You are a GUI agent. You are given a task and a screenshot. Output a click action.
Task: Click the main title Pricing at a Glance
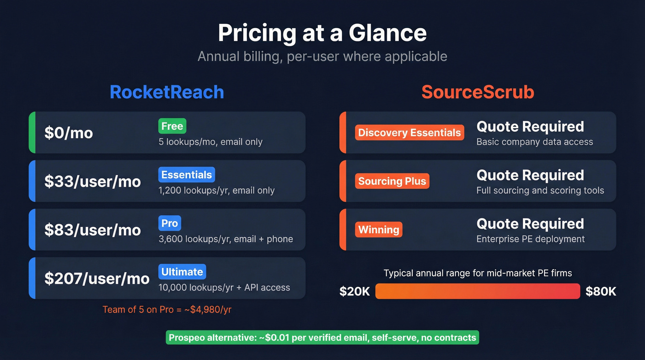(322, 33)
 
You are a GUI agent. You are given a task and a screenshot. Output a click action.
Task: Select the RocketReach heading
(167, 92)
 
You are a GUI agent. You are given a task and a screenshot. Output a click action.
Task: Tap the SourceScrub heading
(478, 92)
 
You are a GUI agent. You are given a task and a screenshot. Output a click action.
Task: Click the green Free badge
(172, 126)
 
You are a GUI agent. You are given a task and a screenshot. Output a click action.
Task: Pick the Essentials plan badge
(187, 175)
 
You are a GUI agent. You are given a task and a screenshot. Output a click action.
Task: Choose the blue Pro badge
(170, 224)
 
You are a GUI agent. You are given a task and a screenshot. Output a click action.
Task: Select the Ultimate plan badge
(182, 272)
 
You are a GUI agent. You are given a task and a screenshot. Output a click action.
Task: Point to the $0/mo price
(69, 133)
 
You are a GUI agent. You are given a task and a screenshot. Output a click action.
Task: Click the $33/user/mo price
(93, 181)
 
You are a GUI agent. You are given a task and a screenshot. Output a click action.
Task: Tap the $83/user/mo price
(93, 230)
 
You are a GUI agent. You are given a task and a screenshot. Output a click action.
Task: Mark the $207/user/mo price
(97, 278)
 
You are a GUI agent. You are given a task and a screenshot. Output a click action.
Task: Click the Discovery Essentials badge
(410, 133)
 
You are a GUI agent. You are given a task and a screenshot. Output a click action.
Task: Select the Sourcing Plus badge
(392, 181)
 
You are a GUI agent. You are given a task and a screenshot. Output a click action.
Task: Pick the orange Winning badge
(379, 230)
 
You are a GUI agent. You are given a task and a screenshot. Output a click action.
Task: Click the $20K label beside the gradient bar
(355, 291)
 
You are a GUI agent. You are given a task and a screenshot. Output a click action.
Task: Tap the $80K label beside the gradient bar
(601, 291)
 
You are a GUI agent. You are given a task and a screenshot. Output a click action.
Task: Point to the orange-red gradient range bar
(477, 291)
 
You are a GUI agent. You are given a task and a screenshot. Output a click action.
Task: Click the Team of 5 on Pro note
(167, 309)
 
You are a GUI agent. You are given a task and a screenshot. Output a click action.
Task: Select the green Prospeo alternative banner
(322, 337)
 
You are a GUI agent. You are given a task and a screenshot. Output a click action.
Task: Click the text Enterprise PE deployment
(530, 239)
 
